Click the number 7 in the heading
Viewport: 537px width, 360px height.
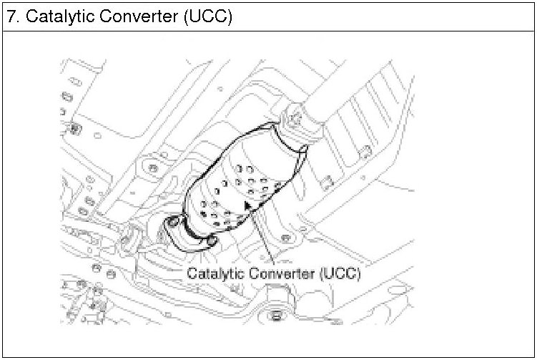click(12, 16)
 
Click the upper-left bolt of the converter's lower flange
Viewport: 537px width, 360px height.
click(174, 224)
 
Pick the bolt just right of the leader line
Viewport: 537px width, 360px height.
click(286, 238)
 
